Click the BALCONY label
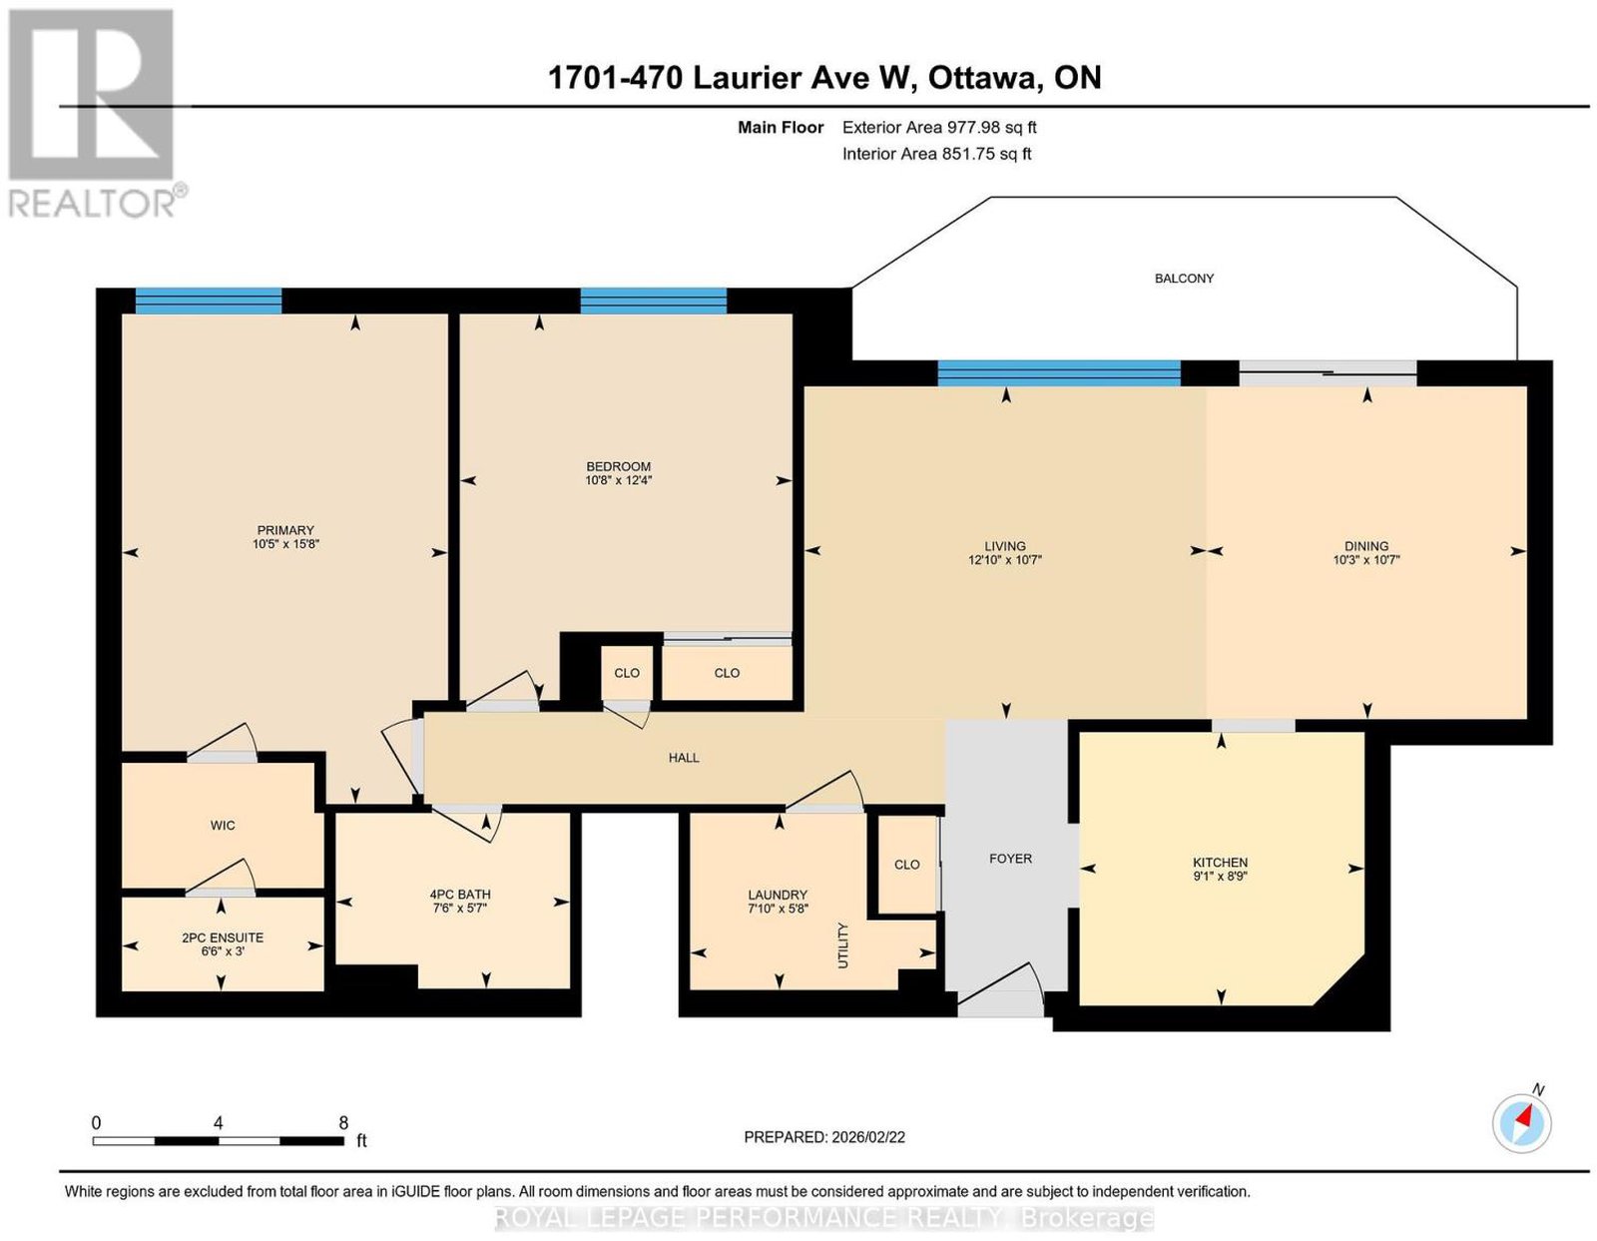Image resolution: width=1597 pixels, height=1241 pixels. point(1183,279)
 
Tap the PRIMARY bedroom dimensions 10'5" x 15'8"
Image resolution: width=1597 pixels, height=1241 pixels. point(285,544)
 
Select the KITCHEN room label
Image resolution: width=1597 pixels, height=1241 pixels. point(1220,862)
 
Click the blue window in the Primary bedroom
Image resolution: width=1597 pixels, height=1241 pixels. point(209,302)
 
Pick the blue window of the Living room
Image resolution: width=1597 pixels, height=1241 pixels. point(1059,373)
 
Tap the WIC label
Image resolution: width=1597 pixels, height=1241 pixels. point(223,825)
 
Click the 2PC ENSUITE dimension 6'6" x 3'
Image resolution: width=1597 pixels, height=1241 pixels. point(222,950)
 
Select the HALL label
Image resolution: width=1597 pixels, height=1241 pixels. point(684,758)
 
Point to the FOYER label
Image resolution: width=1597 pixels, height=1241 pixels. point(1010,859)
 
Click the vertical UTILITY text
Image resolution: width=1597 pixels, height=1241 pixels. point(843,945)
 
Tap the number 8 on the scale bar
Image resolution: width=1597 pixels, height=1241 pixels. point(343,1123)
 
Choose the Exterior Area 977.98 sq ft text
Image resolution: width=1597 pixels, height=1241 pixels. point(939,127)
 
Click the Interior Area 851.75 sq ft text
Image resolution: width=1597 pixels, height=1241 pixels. point(937,154)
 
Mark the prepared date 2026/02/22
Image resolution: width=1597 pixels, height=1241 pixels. point(868,1137)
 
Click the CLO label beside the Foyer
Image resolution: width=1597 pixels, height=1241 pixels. point(907,865)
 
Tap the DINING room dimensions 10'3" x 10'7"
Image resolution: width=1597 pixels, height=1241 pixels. point(1366,560)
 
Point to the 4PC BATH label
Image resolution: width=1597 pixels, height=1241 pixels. point(460,895)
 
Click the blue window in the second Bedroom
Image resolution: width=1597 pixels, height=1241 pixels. point(654,302)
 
